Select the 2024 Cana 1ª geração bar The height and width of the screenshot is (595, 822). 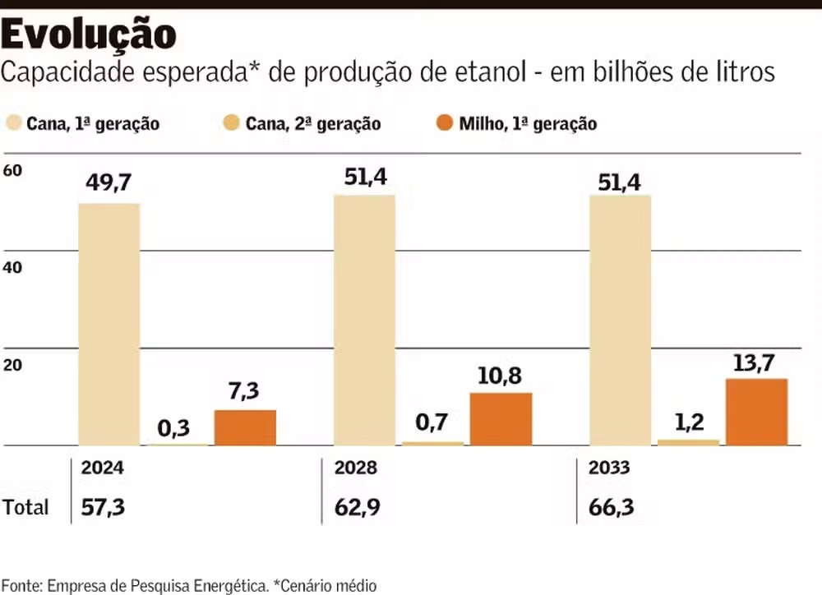coord(109,324)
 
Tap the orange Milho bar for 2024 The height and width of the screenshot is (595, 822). coord(245,427)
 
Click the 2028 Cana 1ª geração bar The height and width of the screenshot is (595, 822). coord(364,320)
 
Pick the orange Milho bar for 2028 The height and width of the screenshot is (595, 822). coord(501,419)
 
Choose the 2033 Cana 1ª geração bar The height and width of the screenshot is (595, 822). coord(621,320)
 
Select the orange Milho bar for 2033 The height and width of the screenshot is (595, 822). coord(756,412)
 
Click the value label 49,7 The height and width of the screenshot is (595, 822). coord(108,182)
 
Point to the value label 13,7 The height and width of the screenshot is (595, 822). coord(755,362)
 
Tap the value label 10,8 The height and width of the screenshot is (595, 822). coord(501,376)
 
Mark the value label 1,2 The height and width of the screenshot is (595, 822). coord(689,422)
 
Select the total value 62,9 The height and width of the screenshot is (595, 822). coord(357,507)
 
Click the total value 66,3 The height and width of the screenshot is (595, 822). coord(612,507)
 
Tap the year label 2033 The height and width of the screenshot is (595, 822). coord(609,468)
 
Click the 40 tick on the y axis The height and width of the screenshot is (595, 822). coord(13,268)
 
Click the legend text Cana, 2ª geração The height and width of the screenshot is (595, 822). coord(313,124)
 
